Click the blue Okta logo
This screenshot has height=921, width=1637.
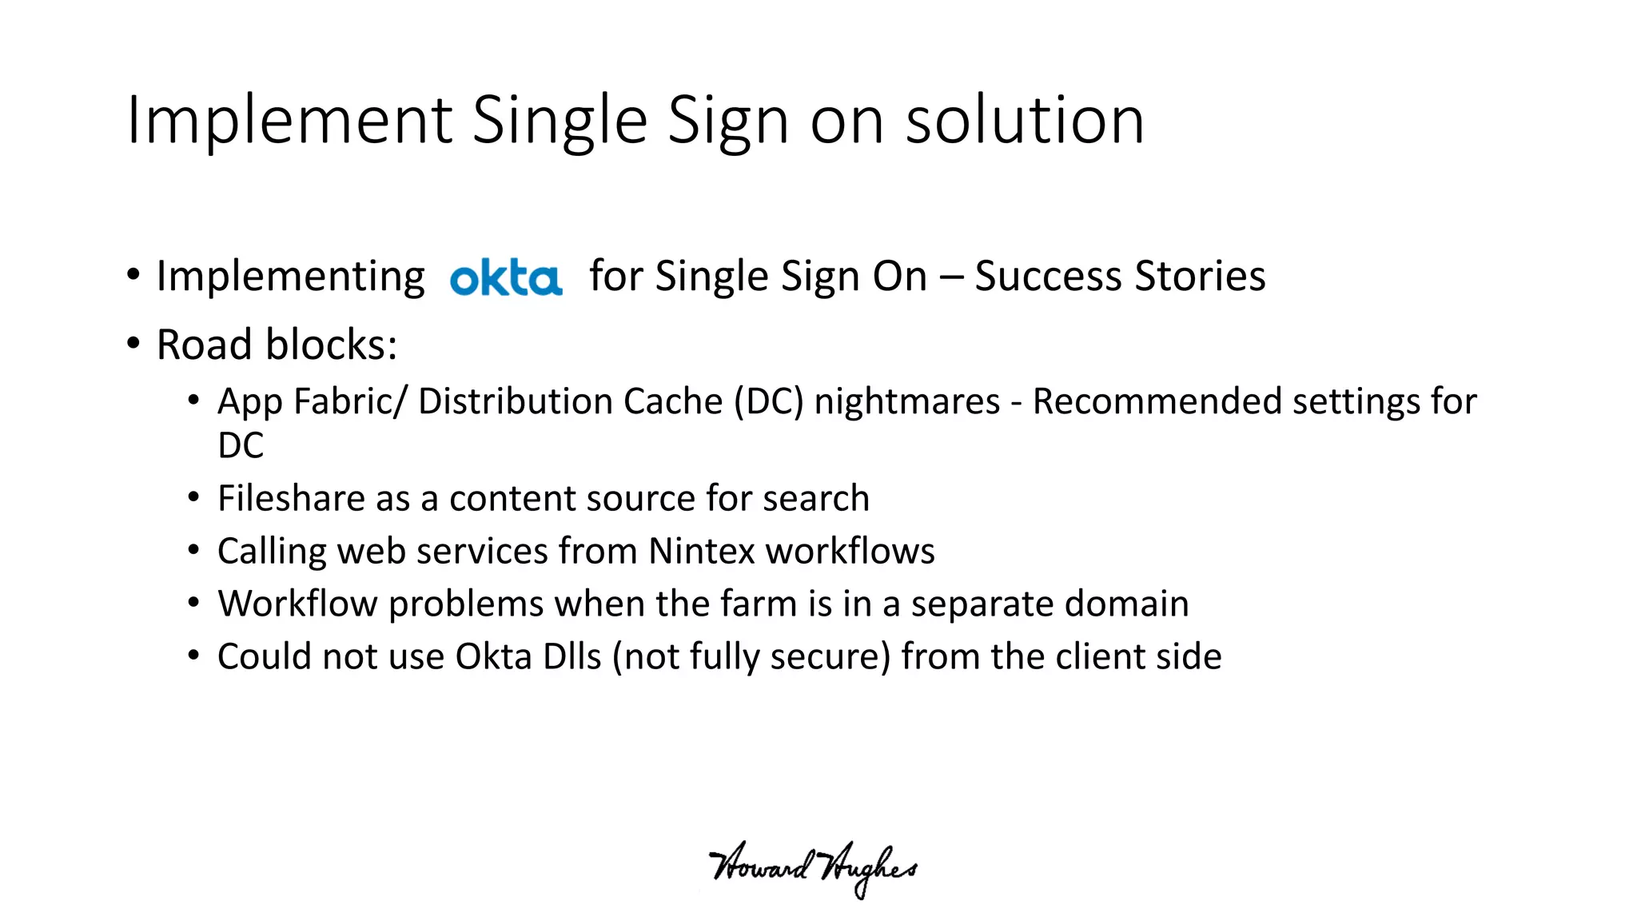click(506, 277)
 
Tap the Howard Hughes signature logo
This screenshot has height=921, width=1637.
click(812, 868)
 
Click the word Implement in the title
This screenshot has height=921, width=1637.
click(289, 121)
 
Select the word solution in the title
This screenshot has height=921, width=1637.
click(1025, 121)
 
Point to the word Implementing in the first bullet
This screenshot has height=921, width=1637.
click(290, 277)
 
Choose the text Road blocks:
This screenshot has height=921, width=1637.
click(277, 345)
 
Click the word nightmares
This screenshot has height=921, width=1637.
click(906, 401)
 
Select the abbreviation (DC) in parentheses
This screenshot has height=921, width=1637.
click(768, 401)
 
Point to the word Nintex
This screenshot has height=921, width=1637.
click(701, 551)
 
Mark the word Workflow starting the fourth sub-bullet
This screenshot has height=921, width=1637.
click(297, 604)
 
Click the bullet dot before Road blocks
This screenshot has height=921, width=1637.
click(133, 344)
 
